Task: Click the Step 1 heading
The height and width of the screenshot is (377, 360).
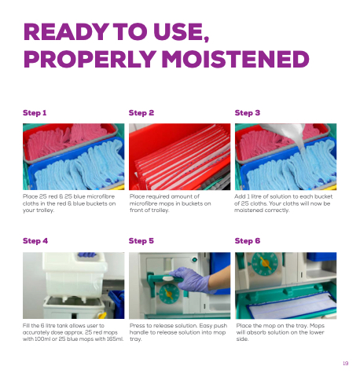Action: coord(35,113)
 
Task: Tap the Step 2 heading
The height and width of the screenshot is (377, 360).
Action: coord(141,113)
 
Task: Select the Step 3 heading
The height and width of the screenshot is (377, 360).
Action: coord(248,113)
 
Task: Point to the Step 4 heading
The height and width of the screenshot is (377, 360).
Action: coord(35,241)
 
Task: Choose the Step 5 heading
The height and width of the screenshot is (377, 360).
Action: coord(141,241)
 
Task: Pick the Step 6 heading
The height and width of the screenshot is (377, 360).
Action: coord(248,241)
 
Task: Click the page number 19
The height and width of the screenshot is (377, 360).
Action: coord(346,363)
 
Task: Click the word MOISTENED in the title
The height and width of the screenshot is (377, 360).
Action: coord(235,59)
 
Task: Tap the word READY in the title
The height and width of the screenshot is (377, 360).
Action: coord(66,31)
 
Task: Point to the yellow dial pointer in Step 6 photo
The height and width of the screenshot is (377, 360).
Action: coord(265,263)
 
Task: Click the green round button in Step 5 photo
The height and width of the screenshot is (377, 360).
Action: coord(194,260)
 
